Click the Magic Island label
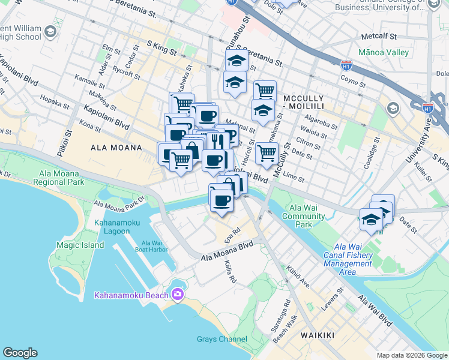(80, 245)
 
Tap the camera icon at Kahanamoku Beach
(178, 294)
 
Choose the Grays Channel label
(221, 340)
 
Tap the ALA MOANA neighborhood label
(116, 148)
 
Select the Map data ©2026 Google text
(412, 355)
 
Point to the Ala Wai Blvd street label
(375, 311)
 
